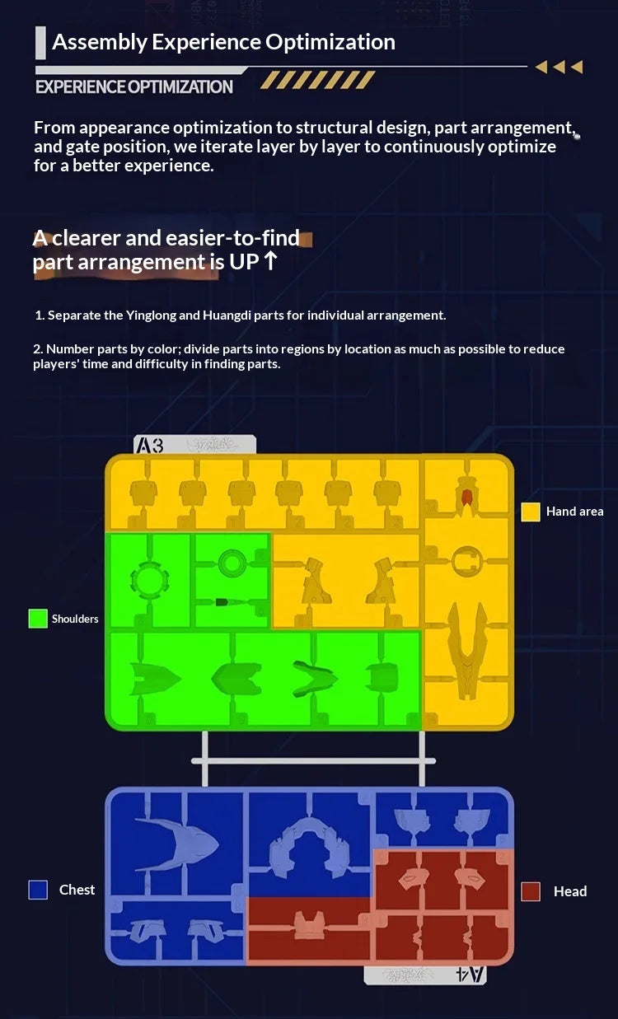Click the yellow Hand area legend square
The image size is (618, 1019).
tap(531, 512)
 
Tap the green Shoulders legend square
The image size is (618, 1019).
tap(38, 619)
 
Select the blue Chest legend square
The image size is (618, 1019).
tap(38, 890)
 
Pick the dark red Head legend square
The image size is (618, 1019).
tap(531, 891)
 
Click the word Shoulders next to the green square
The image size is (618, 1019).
tap(75, 619)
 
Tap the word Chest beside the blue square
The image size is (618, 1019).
tap(77, 890)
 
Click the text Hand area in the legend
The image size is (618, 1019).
tap(575, 512)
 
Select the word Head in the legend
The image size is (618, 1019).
tap(570, 891)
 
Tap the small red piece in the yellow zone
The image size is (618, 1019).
tap(466, 497)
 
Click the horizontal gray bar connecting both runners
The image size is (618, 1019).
tap(314, 760)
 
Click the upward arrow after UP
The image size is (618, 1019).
tap(270, 261)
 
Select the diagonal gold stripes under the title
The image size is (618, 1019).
tap(317, 80)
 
